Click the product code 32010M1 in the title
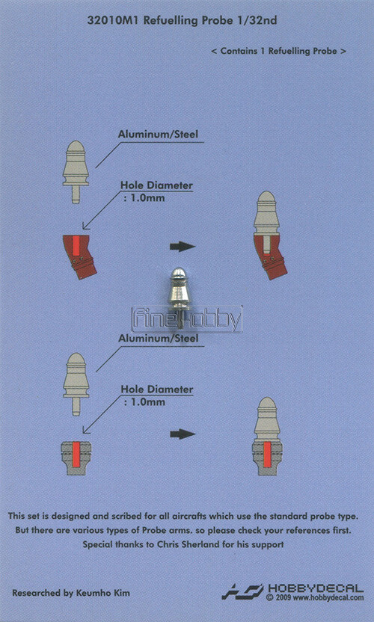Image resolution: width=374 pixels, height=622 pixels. (113, 21)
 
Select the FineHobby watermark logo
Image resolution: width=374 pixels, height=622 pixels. (186, 318)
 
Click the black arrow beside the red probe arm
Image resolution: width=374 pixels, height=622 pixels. (183, 247)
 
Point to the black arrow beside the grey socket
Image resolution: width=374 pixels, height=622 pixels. (183, 434)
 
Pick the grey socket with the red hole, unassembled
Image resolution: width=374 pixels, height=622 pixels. (76, 458)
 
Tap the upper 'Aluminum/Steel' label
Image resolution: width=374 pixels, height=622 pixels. (158, 134)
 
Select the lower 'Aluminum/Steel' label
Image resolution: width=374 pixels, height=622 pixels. (158, 339)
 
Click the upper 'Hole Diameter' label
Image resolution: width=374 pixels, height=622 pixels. (156, 185)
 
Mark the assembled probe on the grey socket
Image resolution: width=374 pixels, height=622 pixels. (267, 437)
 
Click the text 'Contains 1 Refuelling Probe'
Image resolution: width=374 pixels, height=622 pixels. (279, 51)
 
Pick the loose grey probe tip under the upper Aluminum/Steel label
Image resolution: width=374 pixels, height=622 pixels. (76, 172)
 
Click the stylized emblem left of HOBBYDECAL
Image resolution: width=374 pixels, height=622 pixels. (242, 591)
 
